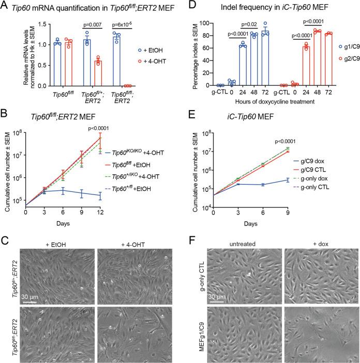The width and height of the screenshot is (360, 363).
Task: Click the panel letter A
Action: click(x=6, y=6)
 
